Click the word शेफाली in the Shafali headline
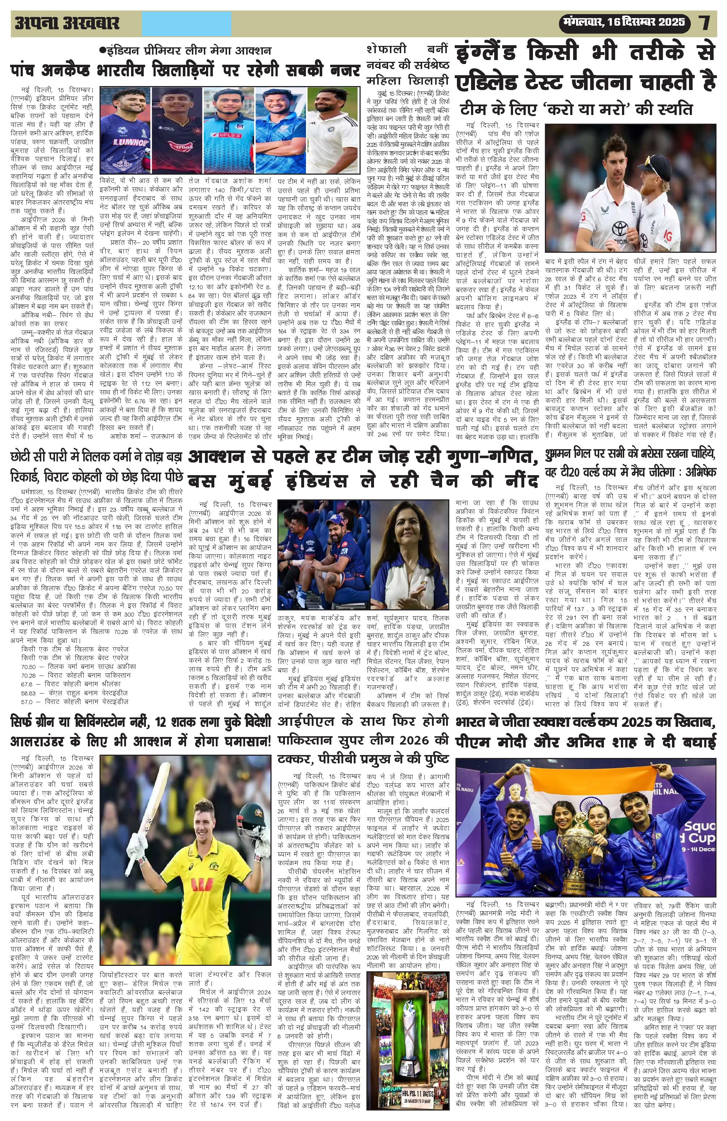385,50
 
